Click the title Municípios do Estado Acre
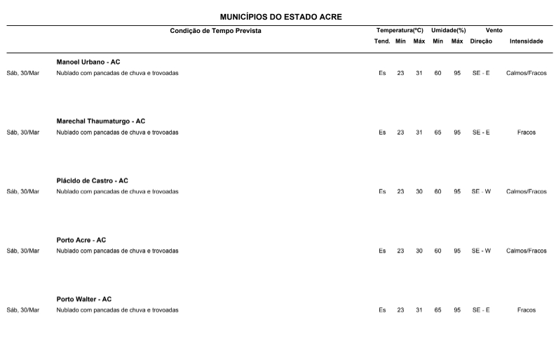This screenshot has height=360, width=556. [x=280, y=16]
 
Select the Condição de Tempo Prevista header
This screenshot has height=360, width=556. [x=215, y=31]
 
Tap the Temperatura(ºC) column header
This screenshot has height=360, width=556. [x=400, y=31]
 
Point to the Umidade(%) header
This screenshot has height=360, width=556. [x=449, y=31]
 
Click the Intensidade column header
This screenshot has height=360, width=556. [x=526, y=41]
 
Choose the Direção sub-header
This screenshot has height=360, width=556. [x=481, y=41]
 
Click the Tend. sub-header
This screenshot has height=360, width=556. [x=382, y=41]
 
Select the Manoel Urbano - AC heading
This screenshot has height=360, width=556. [x=88, y=62]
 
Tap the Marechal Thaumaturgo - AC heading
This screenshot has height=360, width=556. [x=101, y=121]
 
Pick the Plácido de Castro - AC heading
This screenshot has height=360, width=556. [x=93, y=181]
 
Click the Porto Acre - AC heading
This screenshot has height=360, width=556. [x=81, y=240]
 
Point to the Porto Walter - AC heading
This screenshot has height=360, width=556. [x=84, y=300]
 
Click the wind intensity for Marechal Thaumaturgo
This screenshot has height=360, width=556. [x=526, y=132]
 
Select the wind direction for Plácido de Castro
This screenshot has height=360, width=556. [x=481, y=192]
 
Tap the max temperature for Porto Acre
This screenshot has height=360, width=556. [x=419, y=251]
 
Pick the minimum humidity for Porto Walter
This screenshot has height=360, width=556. [x=438, y=310]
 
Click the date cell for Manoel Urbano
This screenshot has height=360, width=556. [x=23, y=73]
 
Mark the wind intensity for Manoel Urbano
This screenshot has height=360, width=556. [x=526, y=73]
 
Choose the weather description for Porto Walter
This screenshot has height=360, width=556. [x=117, y=310]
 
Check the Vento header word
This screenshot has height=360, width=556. [x=494, y=31]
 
